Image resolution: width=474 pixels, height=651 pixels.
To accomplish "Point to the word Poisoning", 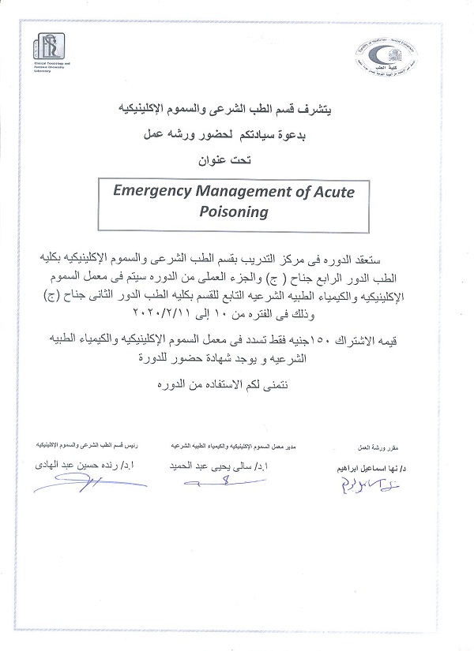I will point(235,211).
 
